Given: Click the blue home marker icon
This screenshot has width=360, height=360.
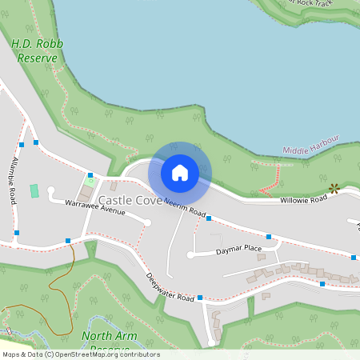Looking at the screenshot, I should click(180, 172).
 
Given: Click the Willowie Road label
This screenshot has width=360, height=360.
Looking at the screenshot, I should click(303, 199).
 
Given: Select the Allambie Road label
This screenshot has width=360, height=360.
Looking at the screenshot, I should click(13, 180).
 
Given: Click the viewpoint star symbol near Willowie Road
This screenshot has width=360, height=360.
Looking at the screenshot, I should click(334, 189).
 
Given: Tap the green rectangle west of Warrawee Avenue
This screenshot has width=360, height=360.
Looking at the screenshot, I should click(34, 191).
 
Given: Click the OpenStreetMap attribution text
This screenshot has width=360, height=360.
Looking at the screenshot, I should click(81, 354).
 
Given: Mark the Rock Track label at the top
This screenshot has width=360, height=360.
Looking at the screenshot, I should click(311, 4).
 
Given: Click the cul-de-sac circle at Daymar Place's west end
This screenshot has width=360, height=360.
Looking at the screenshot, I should click(190, 255).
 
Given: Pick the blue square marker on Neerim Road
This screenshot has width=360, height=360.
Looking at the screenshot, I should click(208, 218).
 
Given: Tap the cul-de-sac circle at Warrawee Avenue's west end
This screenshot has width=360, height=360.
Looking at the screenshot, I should click(50, 190).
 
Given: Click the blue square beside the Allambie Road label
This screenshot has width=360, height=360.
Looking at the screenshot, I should click(22, 145).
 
